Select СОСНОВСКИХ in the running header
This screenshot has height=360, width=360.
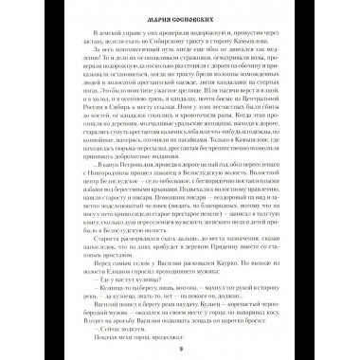point(191,20)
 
